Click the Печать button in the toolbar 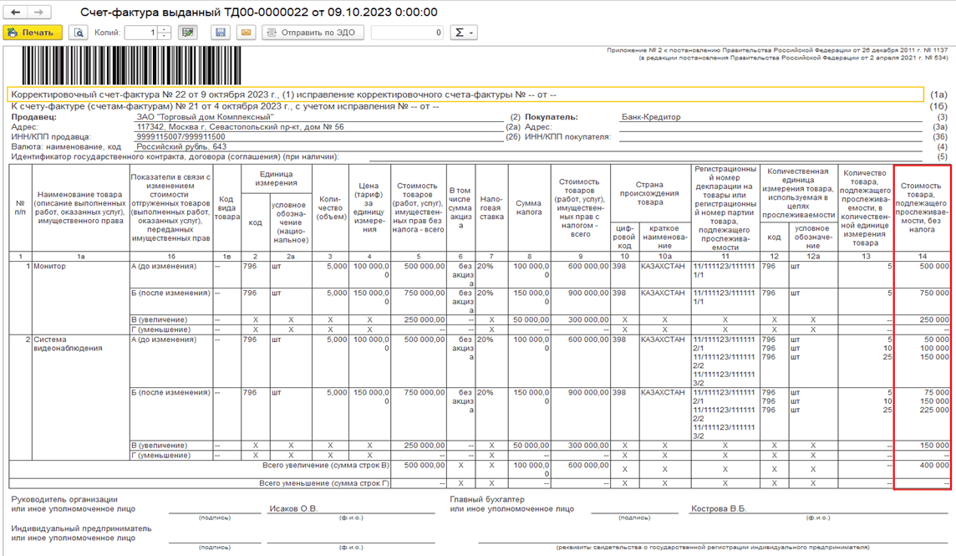coord(32,33)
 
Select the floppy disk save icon coord(221,33)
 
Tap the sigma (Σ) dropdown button coord(463,33)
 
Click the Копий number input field coord(142,33)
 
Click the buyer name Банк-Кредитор coord(651,118)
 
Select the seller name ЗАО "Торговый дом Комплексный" coord(205,118)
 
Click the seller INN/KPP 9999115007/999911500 coord(181,137)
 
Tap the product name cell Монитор coord(49,267)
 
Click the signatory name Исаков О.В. coord(293,508)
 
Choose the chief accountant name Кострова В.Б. coord(719,508)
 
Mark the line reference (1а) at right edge coord(940,96)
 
